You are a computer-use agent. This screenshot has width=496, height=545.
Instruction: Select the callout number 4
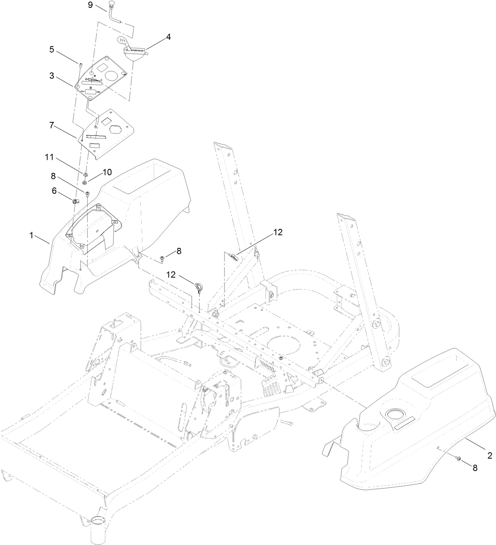(x=168, y=37)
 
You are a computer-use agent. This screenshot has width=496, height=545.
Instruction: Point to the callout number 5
(x=52, y=51)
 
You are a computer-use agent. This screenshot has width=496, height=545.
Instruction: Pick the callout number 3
(x=52, y=76)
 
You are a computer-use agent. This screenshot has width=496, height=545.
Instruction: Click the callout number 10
(x=107, y=172)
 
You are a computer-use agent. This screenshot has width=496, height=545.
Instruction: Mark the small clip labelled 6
(x=75, y=201)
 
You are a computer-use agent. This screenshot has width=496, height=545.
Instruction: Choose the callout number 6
(x=54, y=190)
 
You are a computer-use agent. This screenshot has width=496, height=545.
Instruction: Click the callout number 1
(x=31, y=235)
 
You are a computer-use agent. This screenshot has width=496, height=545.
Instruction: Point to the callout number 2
(x=490, y=455)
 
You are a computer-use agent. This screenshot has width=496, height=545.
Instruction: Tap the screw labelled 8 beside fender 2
(x=459, y=458)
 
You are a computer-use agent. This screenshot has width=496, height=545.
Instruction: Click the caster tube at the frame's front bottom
(x=96, y=532)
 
